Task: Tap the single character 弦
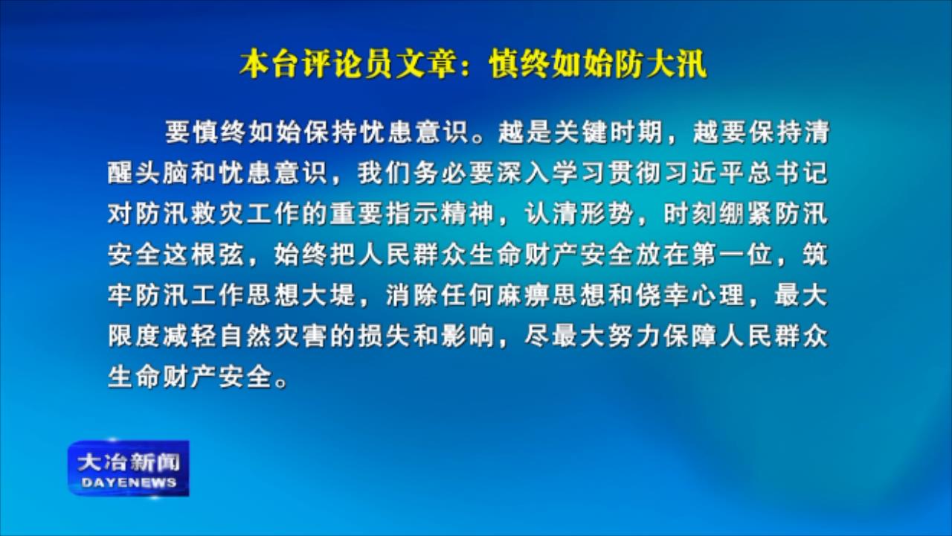coord(231,255)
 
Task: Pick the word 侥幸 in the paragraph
coord(663,295)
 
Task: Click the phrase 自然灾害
coord(273,336)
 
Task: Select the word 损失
coord(385,336)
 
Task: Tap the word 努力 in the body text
coord(635,336)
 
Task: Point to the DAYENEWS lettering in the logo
coord(129,483)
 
